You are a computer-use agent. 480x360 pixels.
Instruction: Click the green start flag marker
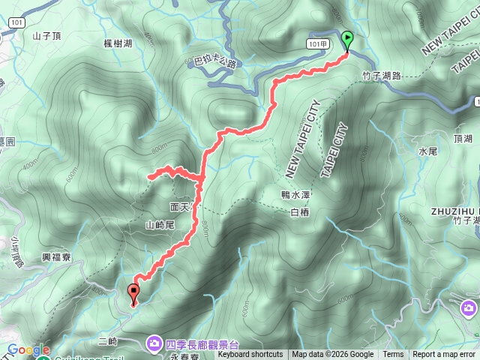point(347,40)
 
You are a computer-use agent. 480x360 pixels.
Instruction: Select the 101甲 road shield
point(316,43)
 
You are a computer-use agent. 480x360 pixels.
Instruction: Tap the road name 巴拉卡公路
point(214,64)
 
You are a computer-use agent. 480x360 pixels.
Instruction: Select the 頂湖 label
point(463,139)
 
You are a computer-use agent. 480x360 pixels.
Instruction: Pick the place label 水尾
point(427,151)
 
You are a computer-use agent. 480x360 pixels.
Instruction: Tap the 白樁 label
point(298,212)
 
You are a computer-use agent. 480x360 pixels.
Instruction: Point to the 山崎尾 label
point(160,224)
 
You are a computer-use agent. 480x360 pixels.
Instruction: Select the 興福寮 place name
point(57,257)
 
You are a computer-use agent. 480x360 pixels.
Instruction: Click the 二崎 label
point(108,340)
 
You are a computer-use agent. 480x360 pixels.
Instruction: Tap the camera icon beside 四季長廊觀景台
point(153,343)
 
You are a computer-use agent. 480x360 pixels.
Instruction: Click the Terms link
point(393,355)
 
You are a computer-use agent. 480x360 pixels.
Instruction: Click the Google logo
point(29,349)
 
